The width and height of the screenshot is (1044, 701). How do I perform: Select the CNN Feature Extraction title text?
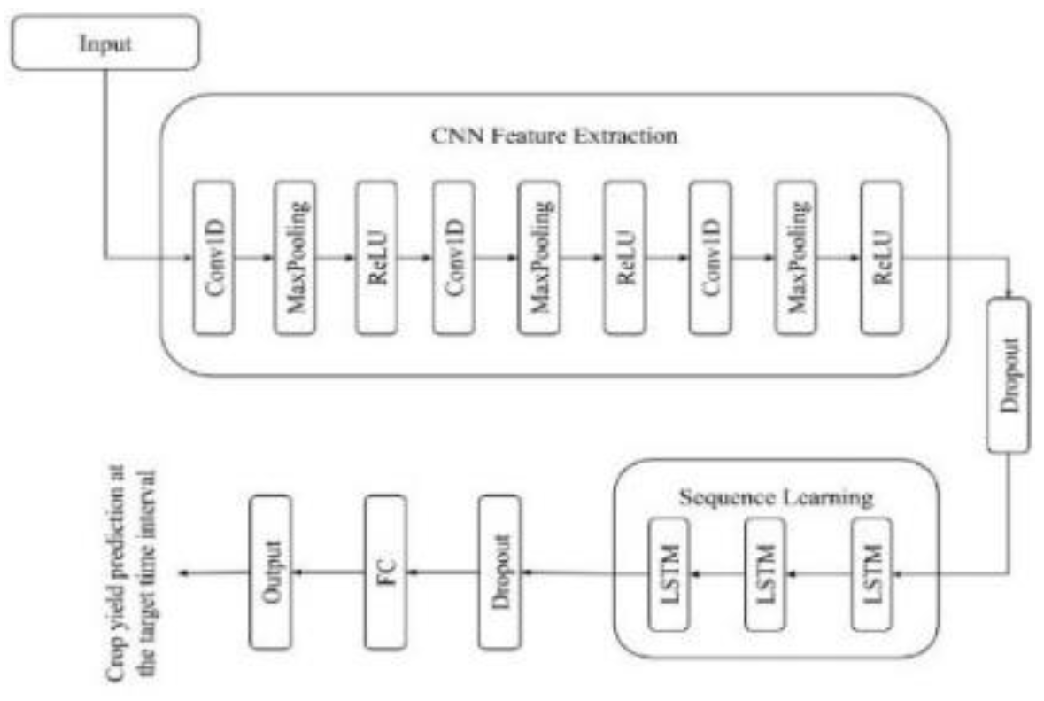click(x=553, y=138)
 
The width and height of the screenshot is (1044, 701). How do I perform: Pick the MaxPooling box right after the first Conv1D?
click(x=294, y=259)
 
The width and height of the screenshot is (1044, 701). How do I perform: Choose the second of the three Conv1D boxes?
click(x=454, y=259)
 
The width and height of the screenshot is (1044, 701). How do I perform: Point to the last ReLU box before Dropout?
click(x=880, y=259)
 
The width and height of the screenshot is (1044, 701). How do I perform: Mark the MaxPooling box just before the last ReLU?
click(x=794, y=259)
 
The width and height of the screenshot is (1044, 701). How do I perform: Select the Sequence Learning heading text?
click(x=775, y=498)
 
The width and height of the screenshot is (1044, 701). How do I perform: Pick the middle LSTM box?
click(x=764, y=573)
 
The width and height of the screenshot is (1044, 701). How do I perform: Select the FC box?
click(x=386, y=572)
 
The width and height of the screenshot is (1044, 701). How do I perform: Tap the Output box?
click(x=271, y=572)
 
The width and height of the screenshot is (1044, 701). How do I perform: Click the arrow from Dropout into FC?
click(x=443, y=572)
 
